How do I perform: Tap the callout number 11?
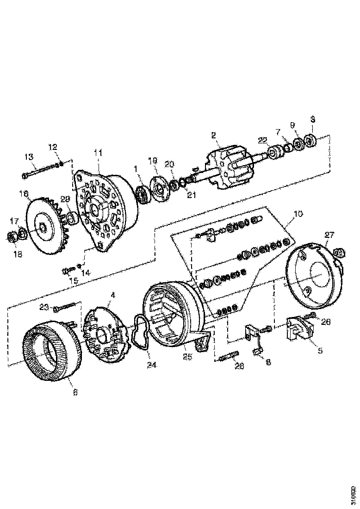(x=98, y=152)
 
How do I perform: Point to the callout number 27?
(x=328, y=235)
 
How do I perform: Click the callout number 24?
(x=152, y=365)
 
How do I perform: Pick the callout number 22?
(x=262, y=140)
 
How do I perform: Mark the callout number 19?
(x=153, y=161)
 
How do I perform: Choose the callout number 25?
(x=187, y=357)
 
